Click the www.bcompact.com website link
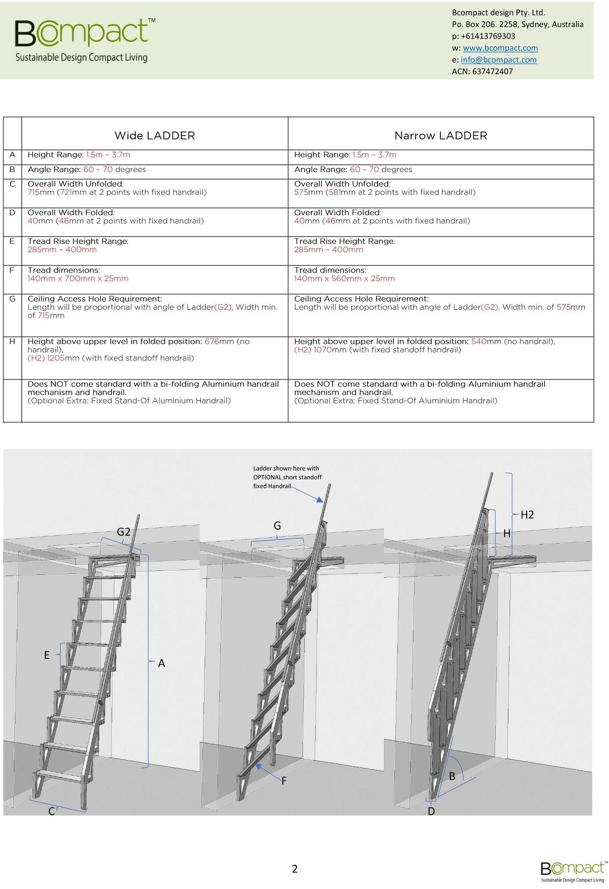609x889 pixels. [x=500, y=48]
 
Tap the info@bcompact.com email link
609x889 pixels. [x=498, y=60]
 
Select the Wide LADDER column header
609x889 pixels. [x=155, y=136]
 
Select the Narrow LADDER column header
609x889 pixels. [x=441, y=136]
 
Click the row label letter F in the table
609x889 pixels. [x=12, y=270]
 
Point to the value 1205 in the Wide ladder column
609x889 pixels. [x=56, y=358]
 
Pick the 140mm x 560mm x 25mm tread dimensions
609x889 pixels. [x=344, y=279]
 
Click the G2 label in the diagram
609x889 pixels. [x=124, y=532]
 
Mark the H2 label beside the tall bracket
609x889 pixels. [x=527, y=515]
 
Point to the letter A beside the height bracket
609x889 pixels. [x=161, y=663]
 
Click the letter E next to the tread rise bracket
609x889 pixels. [x=47, y=655]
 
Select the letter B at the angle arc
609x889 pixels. [x=452, y=776]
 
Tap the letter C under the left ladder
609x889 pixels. [x=52, y=811]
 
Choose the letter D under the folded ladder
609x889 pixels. [x=431, y=811]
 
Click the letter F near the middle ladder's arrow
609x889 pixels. [x=284, y=781]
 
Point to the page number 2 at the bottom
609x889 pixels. [x=295, y=869]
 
